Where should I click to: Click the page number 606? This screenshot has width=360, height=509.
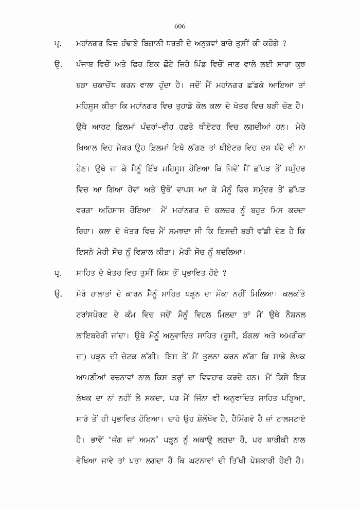coord(179,26)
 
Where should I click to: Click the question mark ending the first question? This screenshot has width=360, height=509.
coord(284,42)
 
